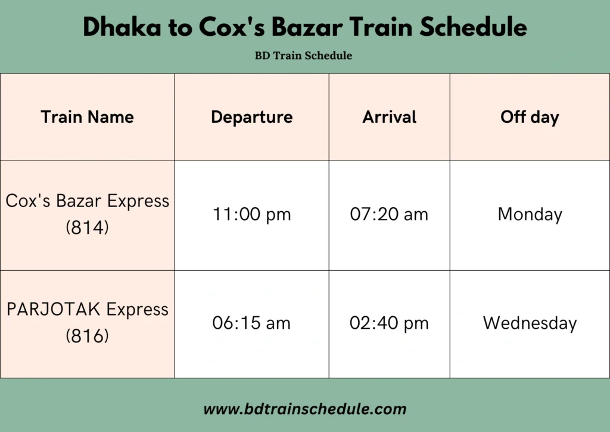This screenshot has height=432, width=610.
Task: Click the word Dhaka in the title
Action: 122,27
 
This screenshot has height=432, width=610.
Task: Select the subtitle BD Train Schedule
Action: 303,55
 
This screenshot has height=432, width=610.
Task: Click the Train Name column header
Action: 87,117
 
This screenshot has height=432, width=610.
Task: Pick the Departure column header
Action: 252,118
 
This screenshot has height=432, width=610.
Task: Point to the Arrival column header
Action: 390,117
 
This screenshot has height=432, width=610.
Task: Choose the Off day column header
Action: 530,118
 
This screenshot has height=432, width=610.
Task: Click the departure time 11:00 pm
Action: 252,214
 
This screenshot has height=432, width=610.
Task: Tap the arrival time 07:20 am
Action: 389,214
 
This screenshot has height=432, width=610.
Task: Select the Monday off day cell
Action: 530,215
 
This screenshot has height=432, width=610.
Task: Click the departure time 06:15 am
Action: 251,323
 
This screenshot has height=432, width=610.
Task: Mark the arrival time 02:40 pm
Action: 389,323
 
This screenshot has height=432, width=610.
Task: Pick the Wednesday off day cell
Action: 530,323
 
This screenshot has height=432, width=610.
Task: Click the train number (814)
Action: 87,227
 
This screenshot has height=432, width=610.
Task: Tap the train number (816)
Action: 87,336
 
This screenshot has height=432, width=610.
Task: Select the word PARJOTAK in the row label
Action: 54,309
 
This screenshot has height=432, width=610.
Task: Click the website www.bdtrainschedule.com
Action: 305,409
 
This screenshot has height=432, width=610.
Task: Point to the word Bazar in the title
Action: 307,27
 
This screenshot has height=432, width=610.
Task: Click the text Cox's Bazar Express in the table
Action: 87,201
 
